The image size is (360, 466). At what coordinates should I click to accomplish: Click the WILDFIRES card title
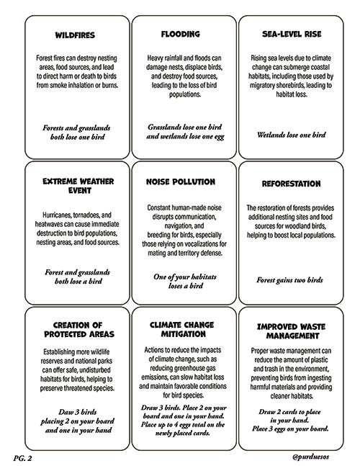(x=76, y=35)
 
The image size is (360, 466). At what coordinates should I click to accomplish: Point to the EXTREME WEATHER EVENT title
(x=76, y=187)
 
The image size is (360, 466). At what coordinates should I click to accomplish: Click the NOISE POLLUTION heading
(x=180, y=182)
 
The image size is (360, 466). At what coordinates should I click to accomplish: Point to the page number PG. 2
(x=23, y=456)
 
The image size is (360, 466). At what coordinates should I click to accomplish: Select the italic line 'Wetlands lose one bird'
(x=291, y=134)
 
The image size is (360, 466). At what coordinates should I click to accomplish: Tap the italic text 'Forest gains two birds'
(x=291, y=279)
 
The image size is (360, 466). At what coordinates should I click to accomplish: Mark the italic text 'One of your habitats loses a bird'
(x=180, y=280)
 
